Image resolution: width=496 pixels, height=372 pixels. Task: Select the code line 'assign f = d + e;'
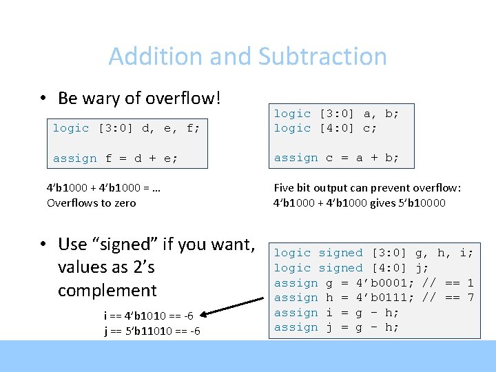click(x=115, y=158)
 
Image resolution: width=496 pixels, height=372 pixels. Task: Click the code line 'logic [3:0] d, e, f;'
click(x=127, y=128)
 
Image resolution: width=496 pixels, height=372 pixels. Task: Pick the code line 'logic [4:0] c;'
click(x=325, y=128)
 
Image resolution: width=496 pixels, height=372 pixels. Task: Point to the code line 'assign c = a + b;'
click(x=336, y=158)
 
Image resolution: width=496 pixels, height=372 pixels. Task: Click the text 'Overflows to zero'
click(x=91, y=203)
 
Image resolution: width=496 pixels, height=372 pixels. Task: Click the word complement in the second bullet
click(x=107, y=291)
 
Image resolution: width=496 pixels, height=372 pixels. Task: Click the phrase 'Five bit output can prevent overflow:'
click(x=367, y=187)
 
